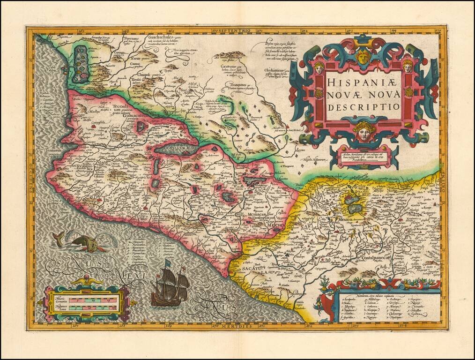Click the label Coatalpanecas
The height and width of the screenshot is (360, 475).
(x=378, y=257)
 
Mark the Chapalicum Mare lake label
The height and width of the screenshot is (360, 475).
(x=179, y=151)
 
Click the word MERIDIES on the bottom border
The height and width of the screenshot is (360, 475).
(x=236, y=325)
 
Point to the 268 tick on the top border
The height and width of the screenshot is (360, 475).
(x=126, y=32)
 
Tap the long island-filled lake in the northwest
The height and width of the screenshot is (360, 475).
(x=81, y=63)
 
